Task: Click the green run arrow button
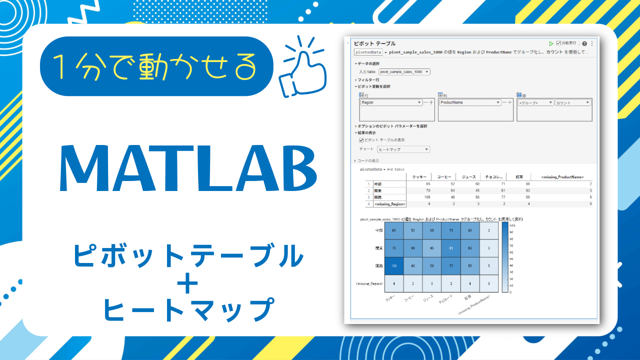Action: [x=551, y=43]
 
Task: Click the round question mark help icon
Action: [x=584, y=43]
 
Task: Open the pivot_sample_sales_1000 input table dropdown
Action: [x=404, y=72]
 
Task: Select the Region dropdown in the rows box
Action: [x=391, y=102]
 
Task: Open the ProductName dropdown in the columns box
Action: [x=470, y=102]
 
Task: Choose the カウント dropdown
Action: [x=572, y=102]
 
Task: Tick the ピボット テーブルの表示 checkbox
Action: [x=361, y=140]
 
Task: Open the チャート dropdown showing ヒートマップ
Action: [x=403, y=149]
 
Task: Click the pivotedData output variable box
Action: [x=368, y=51]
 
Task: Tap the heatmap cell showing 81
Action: [x=451, y=248]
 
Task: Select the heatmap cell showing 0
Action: [x=489, y=283]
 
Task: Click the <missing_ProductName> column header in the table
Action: [x=562, y=176]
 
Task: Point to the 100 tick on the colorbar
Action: [x=511, y=225]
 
